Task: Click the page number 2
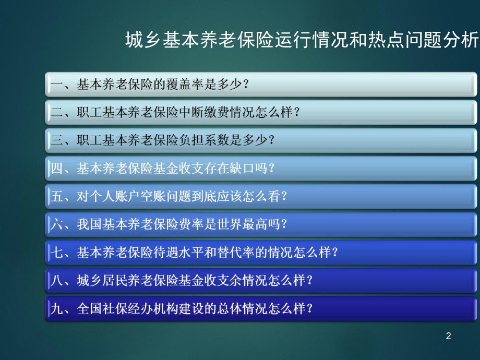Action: pyautogui.click(x=448, y=337)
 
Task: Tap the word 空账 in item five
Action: pyautogui.click(x=146, y=197)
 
